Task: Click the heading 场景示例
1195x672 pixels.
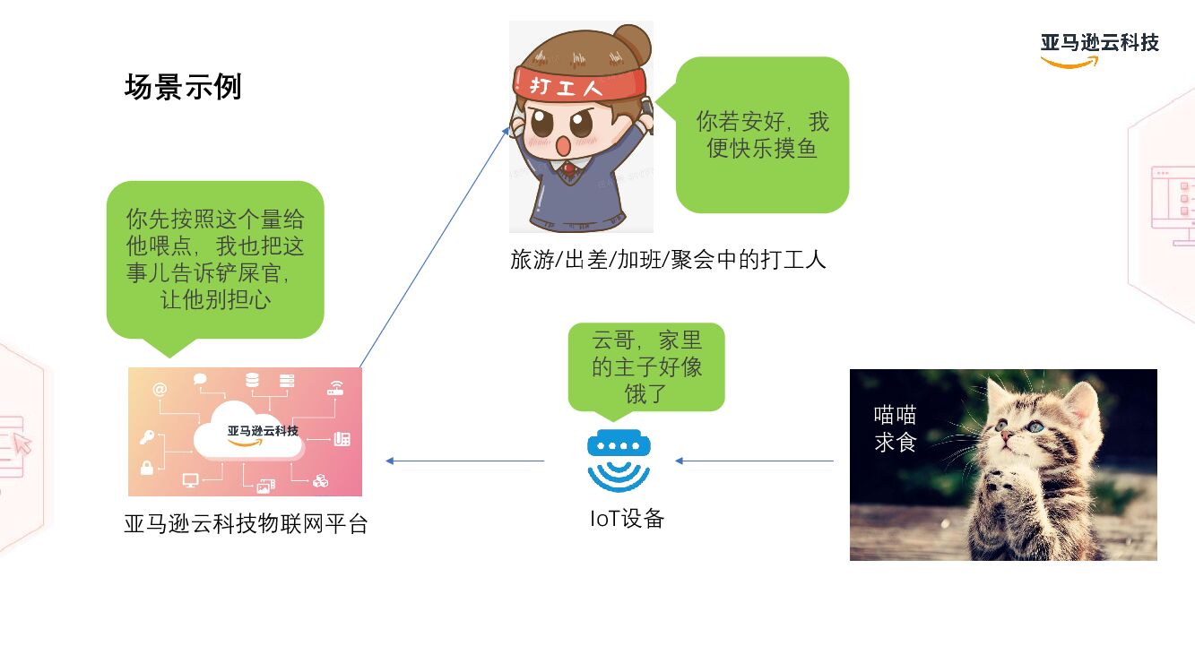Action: pos(183,88)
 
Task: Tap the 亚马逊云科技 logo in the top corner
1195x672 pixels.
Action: pos(1099,48)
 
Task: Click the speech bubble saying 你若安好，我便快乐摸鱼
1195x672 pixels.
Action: pos(762,134)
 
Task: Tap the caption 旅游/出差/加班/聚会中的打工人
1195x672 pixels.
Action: pos(668,260)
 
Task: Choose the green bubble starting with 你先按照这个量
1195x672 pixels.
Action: pos(215,259)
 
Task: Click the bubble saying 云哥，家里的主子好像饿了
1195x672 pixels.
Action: pos(645,366)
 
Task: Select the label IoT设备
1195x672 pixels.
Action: pos(627,519)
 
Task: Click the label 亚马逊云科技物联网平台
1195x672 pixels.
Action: pos(246,524)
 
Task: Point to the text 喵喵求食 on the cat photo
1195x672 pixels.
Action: pos(895,428)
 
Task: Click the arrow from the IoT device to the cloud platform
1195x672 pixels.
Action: pos(464,461)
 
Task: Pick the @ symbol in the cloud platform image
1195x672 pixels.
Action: pos(160,389)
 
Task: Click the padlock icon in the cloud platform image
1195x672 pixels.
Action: pos(147,468)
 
